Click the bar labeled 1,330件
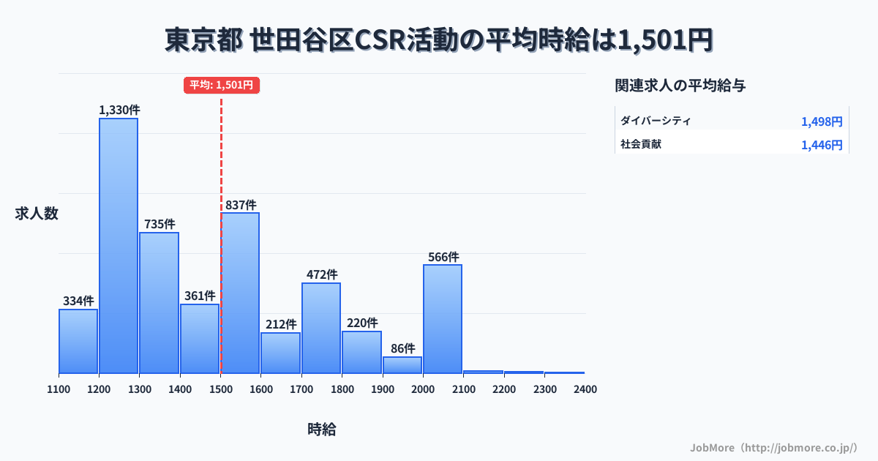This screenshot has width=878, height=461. [x=119, y=245]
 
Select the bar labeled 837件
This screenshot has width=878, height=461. [x=240, y=293]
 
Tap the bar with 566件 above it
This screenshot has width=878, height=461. [x=443, y=318]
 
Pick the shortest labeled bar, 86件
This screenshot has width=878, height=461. [x=402, y=364]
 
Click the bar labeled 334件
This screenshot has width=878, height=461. [x=78, y=341]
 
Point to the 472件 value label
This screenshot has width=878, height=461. [x=321, y=274]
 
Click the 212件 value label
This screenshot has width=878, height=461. [x=281, y=324]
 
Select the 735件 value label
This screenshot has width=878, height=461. [x=160, y=224]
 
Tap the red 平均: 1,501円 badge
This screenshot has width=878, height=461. [x=222, y=85]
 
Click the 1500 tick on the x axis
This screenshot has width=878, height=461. [x=220, y=389]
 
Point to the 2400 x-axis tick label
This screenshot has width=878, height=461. [x=585, y=389]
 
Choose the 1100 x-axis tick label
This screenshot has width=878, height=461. [x=59, y=389]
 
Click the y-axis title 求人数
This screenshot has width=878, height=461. [x=37, y=214]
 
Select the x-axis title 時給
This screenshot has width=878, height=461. [x=322, y=430]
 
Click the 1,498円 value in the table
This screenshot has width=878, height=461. [x=822, y=121]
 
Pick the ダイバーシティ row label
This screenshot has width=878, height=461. [x=656, y=121]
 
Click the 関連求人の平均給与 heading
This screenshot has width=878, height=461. [x=680, y=86]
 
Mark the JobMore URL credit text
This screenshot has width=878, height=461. [x=773, y=447]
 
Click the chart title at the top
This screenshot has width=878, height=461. [x=439, y=40]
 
